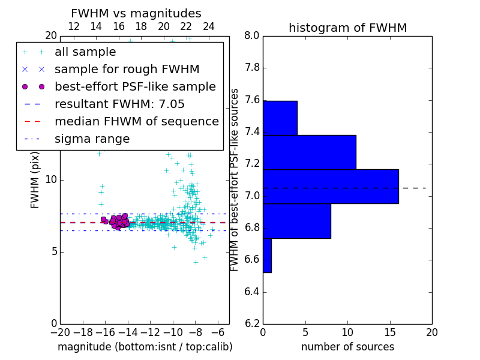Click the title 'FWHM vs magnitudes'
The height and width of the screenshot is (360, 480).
pos(136,13)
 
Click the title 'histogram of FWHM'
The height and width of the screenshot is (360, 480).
pos(347,28)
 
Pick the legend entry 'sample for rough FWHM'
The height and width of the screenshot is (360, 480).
pos(127,70)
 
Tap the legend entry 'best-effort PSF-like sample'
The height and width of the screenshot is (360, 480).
pos(135,87)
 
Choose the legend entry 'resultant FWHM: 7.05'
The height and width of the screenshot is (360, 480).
pos(119,104)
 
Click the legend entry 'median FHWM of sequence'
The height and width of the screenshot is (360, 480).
pos(136,122)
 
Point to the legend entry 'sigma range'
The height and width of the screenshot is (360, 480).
pos(92,139)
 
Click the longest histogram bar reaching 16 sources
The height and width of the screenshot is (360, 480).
pos(331,187)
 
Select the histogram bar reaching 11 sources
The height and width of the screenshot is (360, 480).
pos(310,152)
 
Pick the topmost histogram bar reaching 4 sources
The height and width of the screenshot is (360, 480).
pos(280,118)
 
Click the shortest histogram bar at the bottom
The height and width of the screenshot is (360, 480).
pos(267,255)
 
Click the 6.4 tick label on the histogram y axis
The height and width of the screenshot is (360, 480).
pos(251,292)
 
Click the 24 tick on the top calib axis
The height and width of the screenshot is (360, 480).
pos(209,26)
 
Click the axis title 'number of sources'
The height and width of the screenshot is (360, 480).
pos(347,347)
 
